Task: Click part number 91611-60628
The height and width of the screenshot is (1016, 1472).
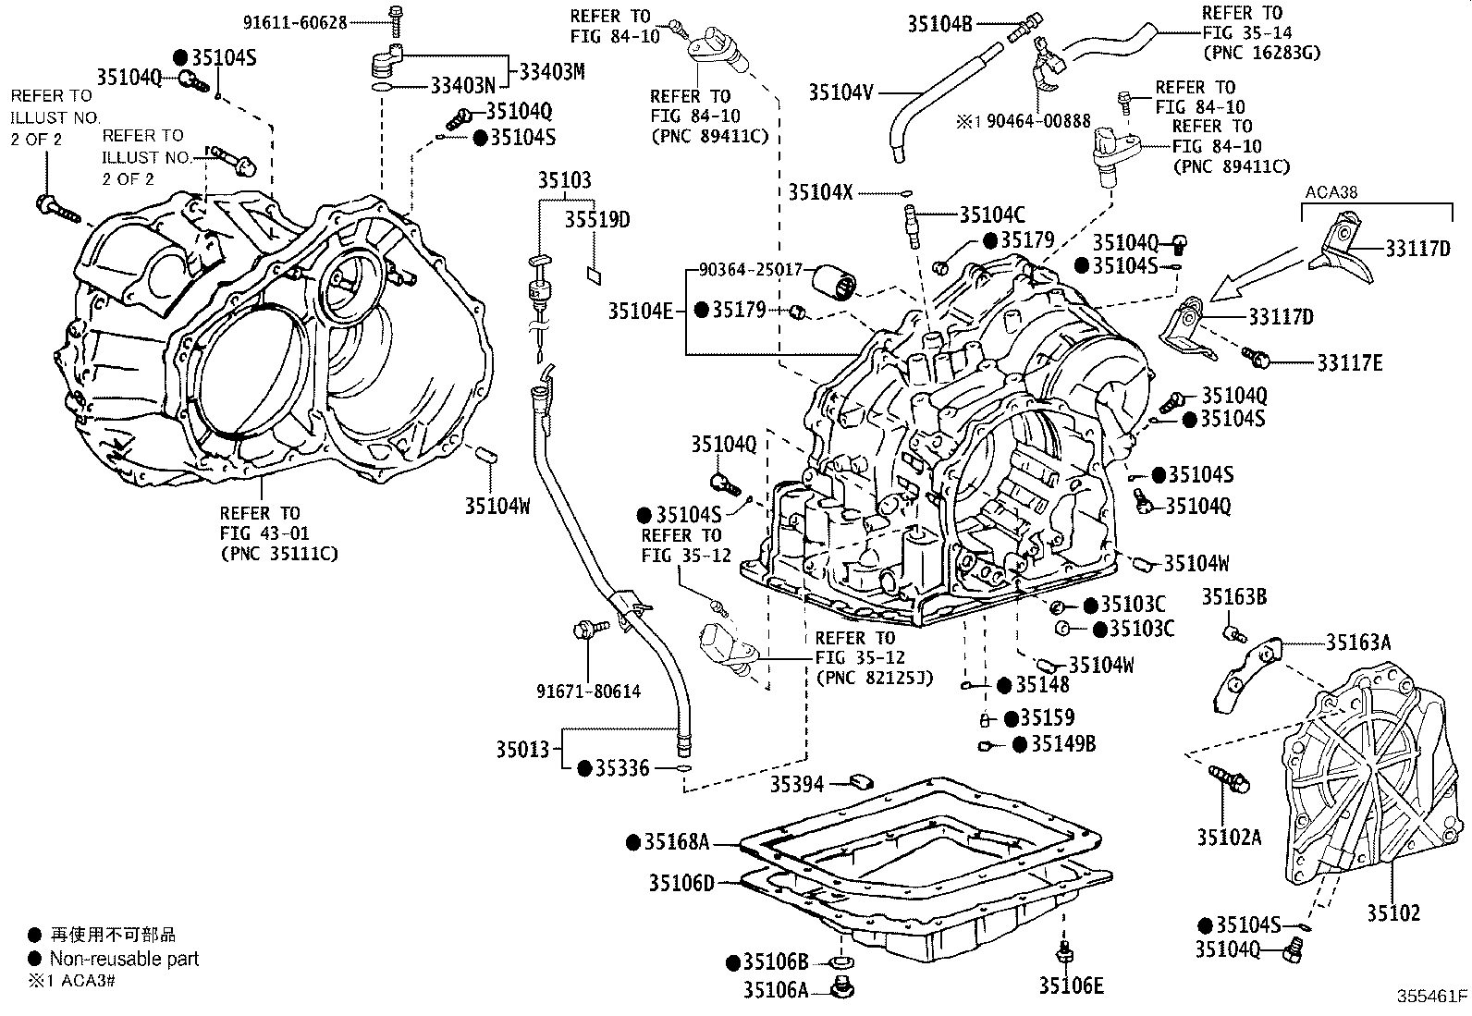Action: [x=294, y=22]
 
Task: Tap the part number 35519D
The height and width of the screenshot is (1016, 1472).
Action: [x=597, y=219]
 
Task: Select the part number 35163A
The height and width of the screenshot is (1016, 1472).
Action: [x=1358, y=642]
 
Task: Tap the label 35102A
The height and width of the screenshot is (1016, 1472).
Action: [x=1229, y=838]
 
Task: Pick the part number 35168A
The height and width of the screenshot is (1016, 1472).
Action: [x=677, y=841]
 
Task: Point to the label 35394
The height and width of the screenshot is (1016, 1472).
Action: [x=797, y=785]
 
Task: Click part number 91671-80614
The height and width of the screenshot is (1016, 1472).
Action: [x=588, y=691]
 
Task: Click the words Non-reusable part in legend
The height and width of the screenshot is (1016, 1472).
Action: [x=124, y=959]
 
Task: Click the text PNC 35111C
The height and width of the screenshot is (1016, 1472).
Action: [x=279, y=554]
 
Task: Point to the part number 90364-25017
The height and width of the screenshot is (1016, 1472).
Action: [x=751, y=270]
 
